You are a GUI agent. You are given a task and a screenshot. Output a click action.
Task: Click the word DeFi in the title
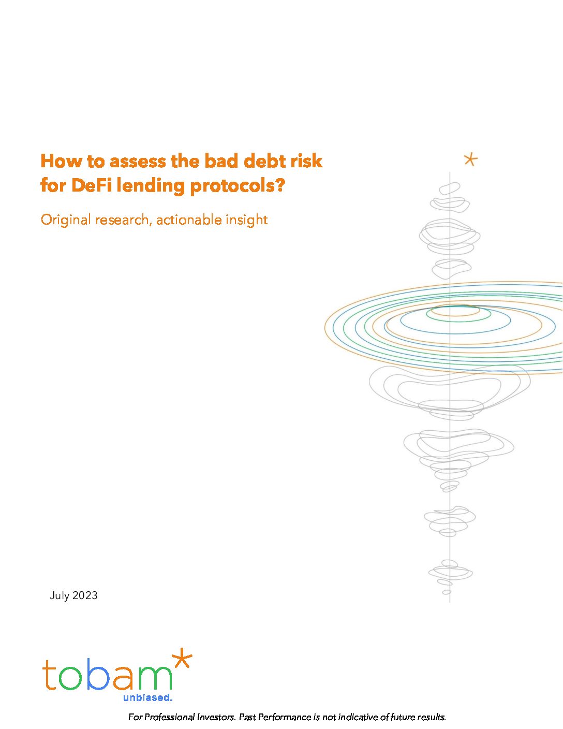click(x=92, y=185)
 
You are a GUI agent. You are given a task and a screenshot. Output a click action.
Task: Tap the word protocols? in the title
click(x=238, y=186)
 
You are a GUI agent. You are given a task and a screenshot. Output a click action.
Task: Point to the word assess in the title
click(x=138, y=162)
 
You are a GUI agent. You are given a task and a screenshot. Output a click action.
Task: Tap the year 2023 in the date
click(x=85, y=595)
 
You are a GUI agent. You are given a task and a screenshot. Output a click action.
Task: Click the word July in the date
click(x=60, y=596)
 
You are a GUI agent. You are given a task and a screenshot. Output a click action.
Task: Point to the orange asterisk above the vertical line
click(x=471, y=159)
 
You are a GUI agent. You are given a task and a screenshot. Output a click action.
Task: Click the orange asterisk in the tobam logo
click(x=182, y=658)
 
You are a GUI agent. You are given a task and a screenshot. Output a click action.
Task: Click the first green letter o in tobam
click(x=70, y=678)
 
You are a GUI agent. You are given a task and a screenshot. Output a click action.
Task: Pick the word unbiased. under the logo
click(x=147, y=698)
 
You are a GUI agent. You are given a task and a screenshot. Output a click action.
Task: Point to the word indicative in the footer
click(x=355, y=717)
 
